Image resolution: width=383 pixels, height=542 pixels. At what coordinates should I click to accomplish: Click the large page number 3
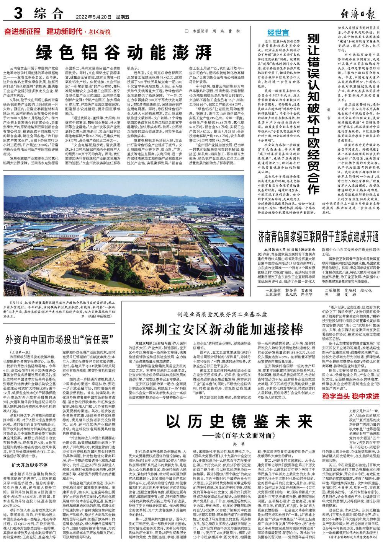(17, 15)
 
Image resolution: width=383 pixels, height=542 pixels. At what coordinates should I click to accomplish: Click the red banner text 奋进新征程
(23, 31)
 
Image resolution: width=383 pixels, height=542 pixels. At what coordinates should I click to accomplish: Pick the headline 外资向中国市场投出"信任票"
(59, 339)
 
